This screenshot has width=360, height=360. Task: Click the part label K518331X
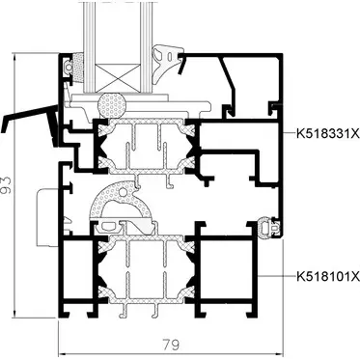tap(328, 134)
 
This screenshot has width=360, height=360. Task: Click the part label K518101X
tap(328, 277)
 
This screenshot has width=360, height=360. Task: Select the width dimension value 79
tap(171, 345)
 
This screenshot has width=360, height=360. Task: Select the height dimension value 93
tap(6, 185)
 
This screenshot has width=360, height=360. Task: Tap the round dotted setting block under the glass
tap(112, 105)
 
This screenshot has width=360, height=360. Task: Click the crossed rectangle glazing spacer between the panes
tap(119, 77)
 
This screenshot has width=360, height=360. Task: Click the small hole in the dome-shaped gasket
tap(123, 192)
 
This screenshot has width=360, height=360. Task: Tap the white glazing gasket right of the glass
tap(166, 63)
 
